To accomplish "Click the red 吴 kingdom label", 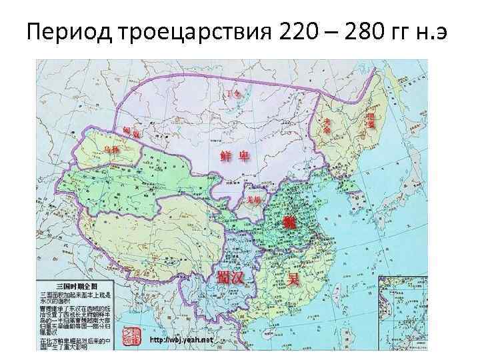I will point(292,278).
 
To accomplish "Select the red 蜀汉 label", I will point(229,277).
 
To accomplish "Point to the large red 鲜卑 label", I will point(235,156).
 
